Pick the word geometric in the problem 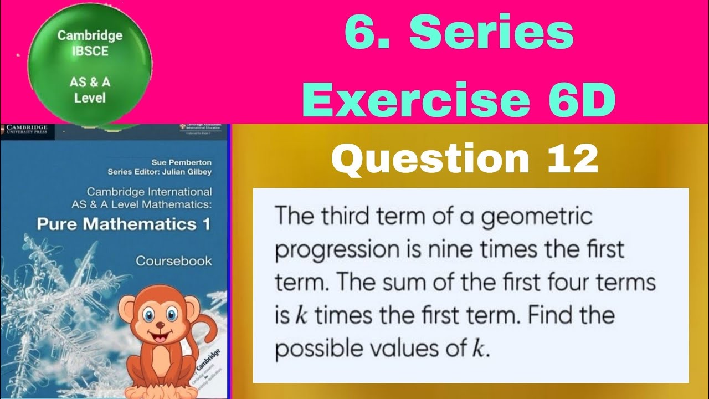[x=537, y=217]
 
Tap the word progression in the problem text [x=327, y=250]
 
